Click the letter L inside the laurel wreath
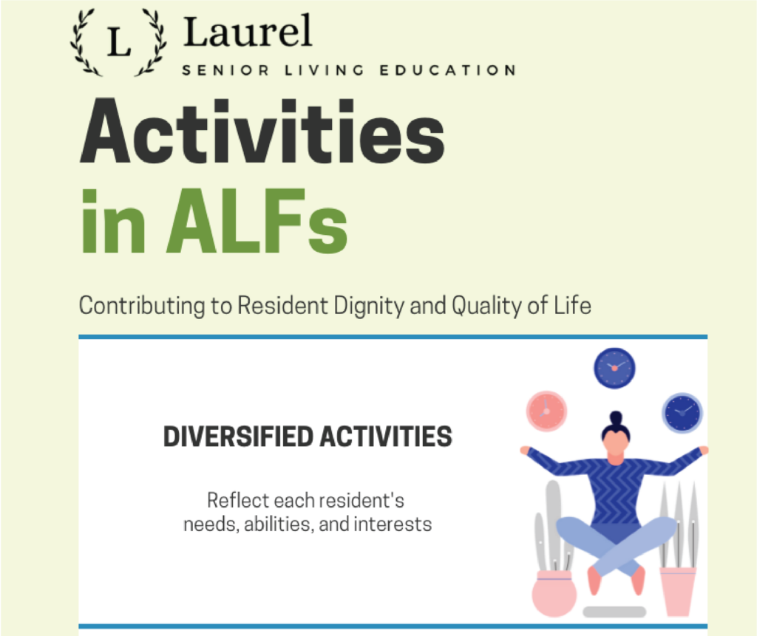tap(118, 42)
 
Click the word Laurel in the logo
tap(248, 33)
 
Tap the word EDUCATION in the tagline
tap(447, 71)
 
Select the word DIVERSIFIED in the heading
tap(237, 437)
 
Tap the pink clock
tap(546, 411)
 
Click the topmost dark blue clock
tap(614, 367)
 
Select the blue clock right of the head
tap(682, 413)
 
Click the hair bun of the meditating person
tap(616, 418)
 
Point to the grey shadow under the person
tap(614, 612)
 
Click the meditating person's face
tap(616, 442)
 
